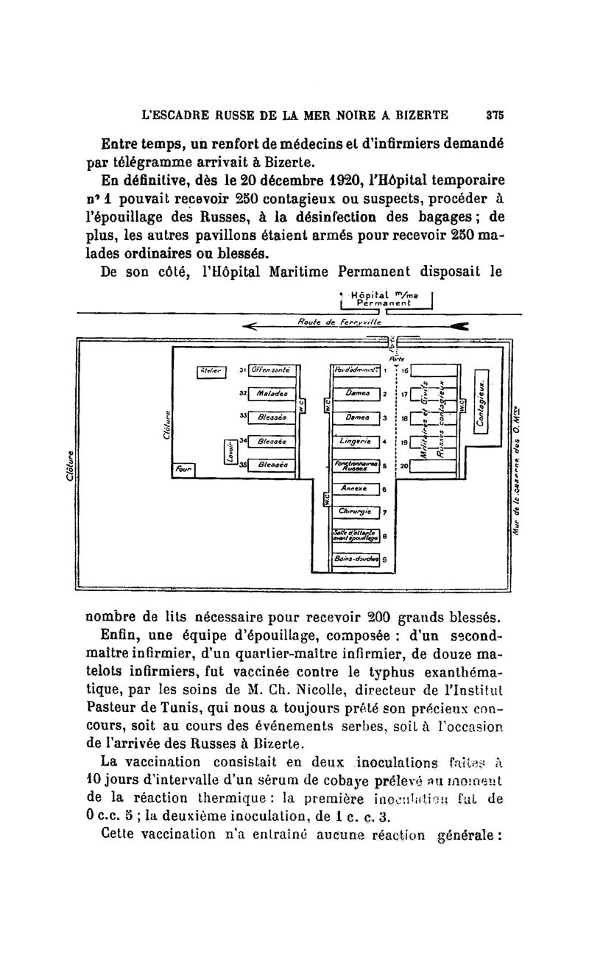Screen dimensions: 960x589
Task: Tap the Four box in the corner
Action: (182, 468)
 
